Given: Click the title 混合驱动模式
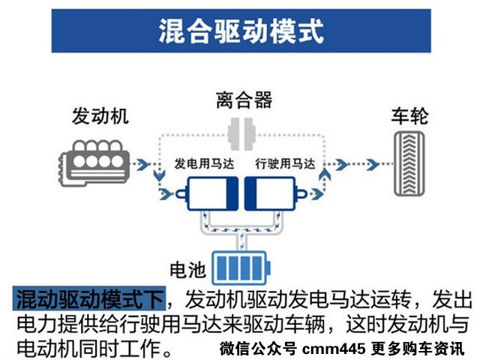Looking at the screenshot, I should pos(241,32).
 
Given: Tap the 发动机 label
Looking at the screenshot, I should pos(100,116).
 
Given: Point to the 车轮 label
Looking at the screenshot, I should pos(409,116).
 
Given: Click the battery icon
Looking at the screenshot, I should pos(242,266).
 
